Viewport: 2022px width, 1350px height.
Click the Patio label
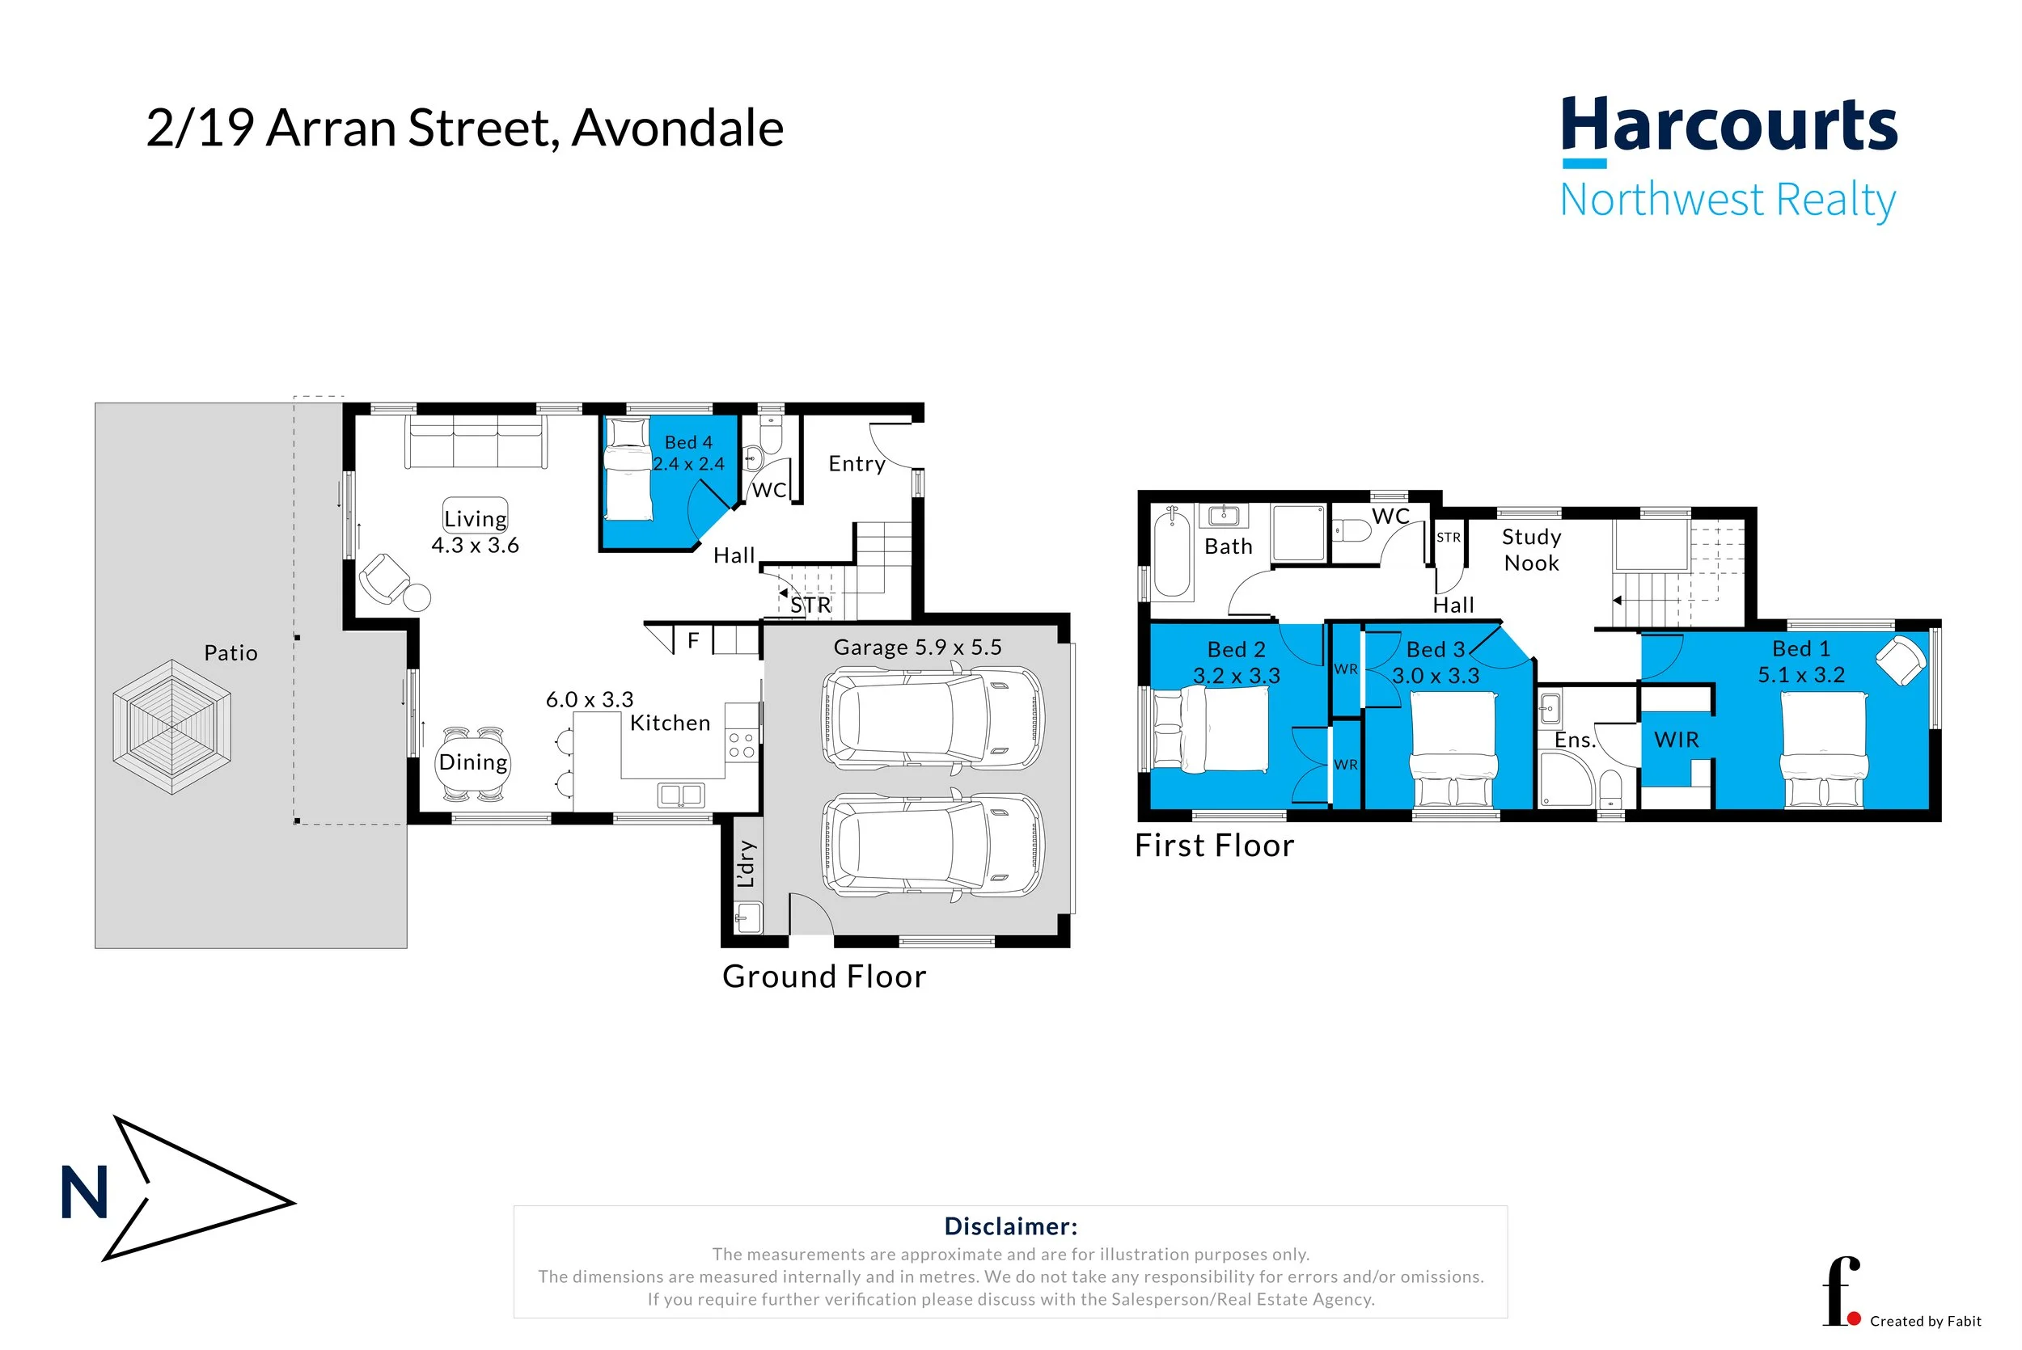tap(231, 652)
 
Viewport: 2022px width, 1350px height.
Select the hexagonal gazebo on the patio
tap(172, 727)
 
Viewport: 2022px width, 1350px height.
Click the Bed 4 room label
tap(688, 442)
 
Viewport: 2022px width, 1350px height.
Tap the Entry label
tap(856, 464)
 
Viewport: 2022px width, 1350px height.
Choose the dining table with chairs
tap(473, 763)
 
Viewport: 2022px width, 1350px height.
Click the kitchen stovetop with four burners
tap(742, 745)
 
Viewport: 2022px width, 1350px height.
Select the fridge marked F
tap(693, 640)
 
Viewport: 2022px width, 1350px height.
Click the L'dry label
tap(746, 863)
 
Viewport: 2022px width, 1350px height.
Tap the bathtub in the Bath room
tap(1171, 552)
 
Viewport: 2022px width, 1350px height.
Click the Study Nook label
tap(1531, 550)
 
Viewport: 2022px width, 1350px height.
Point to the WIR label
tap(1676, 740)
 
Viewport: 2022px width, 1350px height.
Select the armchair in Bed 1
tap(1900, 661)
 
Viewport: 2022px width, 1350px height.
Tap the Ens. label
tap(1574, 740)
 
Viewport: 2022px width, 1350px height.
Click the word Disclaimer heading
tap(1010, 1226)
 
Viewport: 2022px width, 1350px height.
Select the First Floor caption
tap(1214, 846)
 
